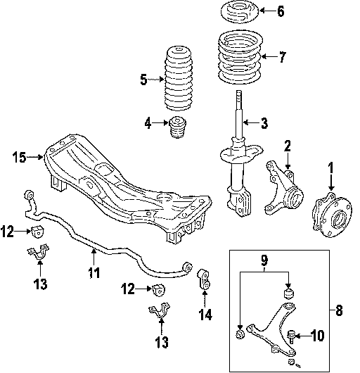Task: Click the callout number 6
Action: [x=281, y=11]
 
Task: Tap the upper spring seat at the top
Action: [x=240, y=12]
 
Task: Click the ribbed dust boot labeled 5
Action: [x=178, y=79]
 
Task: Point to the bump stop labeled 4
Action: [x=177, y=127]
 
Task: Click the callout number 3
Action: [x=264, y=123]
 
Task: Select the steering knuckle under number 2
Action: [x=283, y=188]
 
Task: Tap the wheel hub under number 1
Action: [x=332, y=215]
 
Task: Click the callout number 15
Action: [x=19, y=157]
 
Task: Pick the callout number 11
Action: [x=94, y=272]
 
